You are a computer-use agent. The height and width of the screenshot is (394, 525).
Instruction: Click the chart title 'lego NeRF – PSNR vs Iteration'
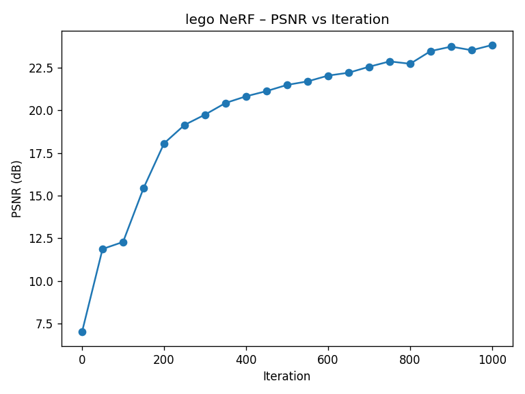[x=287, y=20]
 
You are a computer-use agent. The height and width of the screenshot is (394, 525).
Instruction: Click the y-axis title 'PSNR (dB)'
[x=17, y=189]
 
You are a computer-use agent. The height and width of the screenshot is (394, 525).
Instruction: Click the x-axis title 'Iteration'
[x=287, y=376]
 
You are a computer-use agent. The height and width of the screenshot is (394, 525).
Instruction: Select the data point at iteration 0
[x=82, y=332]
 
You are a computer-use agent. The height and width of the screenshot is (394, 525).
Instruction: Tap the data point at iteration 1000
[x=492, y=45]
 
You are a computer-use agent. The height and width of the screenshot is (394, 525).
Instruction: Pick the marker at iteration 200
[x=164, y=144]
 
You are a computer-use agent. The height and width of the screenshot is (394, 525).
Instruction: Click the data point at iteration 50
[x=103, y=249]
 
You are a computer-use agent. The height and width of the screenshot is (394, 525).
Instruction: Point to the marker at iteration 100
[x=123, y=242]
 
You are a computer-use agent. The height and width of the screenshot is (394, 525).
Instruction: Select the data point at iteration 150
[x=144, y=188]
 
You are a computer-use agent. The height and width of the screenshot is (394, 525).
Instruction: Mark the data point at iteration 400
[x=246, y=96]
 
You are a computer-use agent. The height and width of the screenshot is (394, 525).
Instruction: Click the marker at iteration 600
[x=328, y=76]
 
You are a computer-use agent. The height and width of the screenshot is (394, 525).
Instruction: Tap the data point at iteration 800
[x=410, y=64]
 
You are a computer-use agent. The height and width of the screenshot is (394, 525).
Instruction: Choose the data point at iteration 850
[x=431, y=51]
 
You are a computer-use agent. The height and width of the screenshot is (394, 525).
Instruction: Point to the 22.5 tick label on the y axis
[x=41, y=68]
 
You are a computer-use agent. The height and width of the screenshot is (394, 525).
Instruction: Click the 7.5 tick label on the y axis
[x=44, y=324]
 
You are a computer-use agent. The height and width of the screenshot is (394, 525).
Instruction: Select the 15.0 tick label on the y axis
[x=41, y=196]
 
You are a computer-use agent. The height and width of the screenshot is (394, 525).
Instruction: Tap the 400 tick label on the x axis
[x=246, y=359]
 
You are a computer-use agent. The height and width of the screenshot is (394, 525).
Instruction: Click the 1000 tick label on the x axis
[x=492, y=359]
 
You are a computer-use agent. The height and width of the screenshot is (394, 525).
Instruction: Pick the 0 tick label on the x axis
[x=82, y=359]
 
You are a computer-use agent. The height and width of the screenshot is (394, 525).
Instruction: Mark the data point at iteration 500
[x=287, y=85]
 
